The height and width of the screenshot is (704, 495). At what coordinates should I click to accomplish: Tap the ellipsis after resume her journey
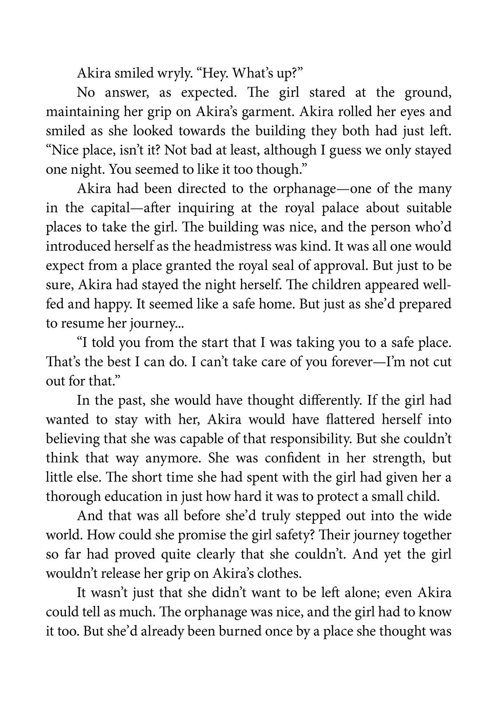[180, 324]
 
